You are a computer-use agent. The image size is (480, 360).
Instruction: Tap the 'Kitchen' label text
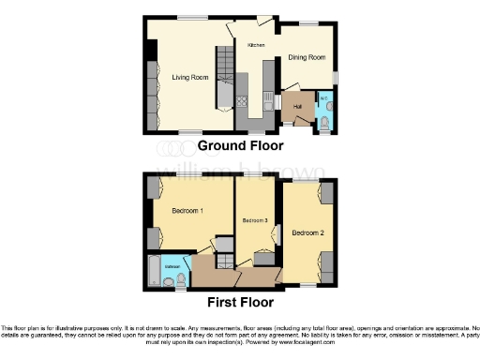[256, 45]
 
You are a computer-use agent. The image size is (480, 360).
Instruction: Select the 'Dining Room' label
[307, 57]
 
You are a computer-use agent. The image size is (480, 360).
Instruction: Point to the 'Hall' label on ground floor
[297, 107]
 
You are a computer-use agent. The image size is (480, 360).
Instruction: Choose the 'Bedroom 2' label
[307, 232]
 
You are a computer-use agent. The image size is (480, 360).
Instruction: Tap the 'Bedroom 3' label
[255, 220]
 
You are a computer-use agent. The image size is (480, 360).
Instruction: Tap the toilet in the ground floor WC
[323, 120]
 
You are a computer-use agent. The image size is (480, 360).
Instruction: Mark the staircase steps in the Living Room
[224, 80]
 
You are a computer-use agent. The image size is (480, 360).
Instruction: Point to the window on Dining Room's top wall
[308, 22]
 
